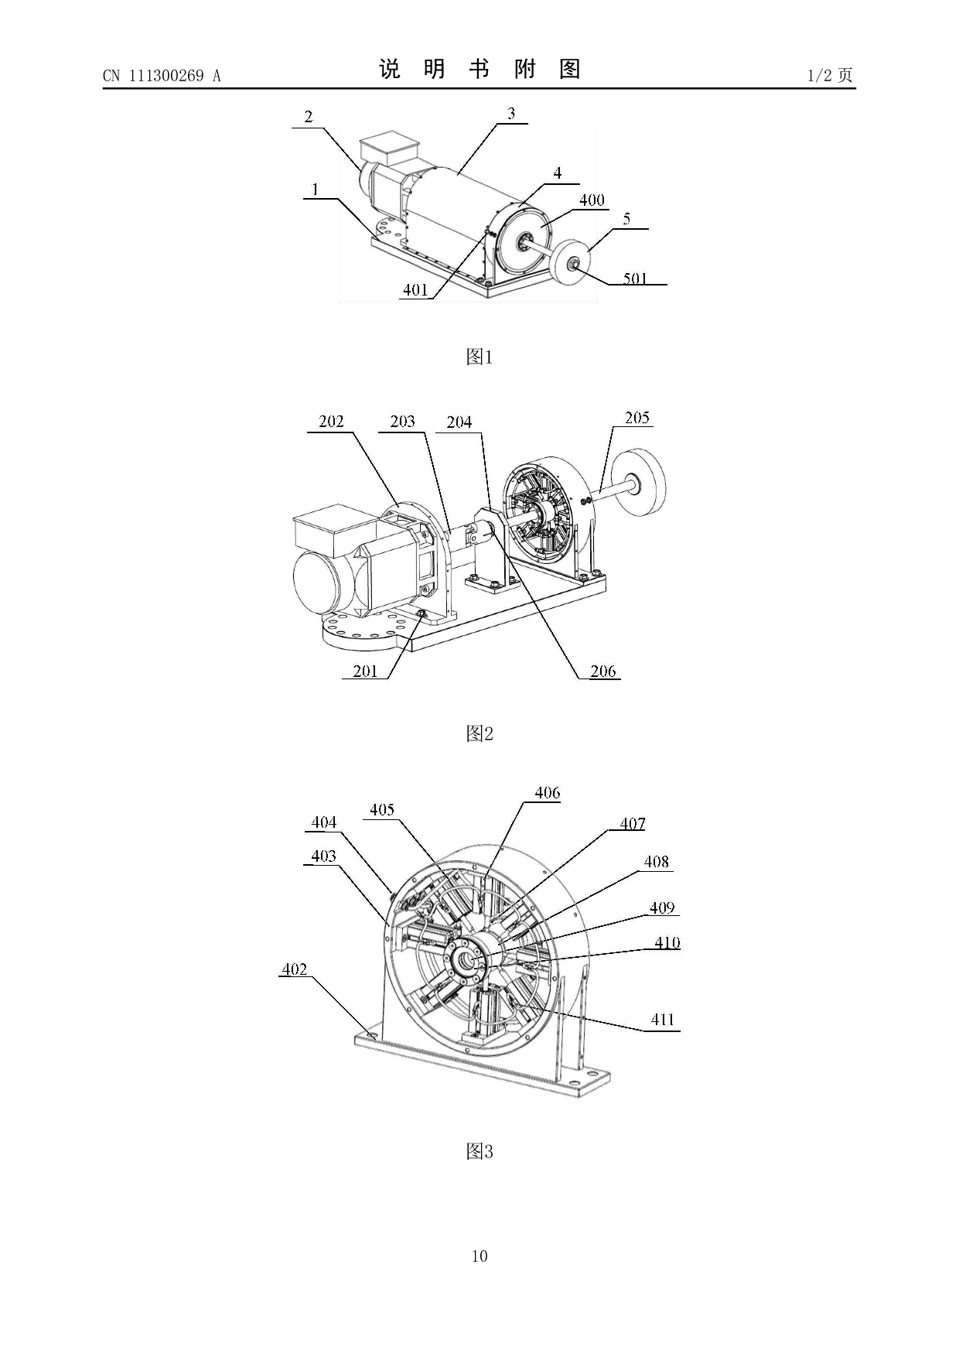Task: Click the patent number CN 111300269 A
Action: pyautogui.click(x=162, y=76)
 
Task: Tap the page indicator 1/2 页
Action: pyautogui.click(x=829, y=75)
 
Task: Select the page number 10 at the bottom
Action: pyautogui.click(x=479, y=1256)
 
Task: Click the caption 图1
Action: pyautogui.click(x=479, y=357)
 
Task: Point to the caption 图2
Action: pyautogui.click(x=479, y=733)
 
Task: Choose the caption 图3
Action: pyautogui.click(x=479, y=1151)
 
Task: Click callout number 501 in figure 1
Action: pyautogui.click(x=635, y=278)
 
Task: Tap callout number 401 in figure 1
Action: pyautogui.click(x=415, y=290)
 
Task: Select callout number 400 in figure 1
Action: pyautogui.click(x=592, y=200)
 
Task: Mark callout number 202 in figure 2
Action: pyautogui.click(x=331, y=422)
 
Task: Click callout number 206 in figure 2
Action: pyautogui.click(x=603, y=672)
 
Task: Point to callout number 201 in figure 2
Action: pyautogui.click(x=365, y=671)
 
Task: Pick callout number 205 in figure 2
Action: pyautogui.click(x=636, y=418)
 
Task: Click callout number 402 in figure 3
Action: pyautogui.click(x=294, y=969)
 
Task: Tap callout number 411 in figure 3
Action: pyautogui.click(x=663, y=1020)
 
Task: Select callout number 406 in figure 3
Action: pyautogui.click(x=547, y=793)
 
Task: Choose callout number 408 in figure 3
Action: pyautogui.click(x=656, y=862)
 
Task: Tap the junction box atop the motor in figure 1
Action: pyautogui.click(x=388, y=149)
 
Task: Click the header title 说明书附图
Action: pyautogui.click(x=479, y=70)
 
